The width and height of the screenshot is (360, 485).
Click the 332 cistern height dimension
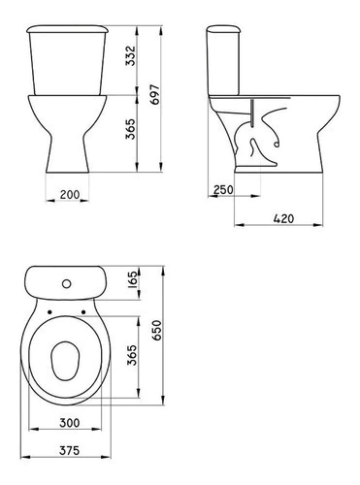[x=130, y=55]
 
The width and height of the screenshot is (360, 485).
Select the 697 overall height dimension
[x=155, y=94]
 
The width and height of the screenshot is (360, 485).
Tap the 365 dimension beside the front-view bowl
[x=130, y=129]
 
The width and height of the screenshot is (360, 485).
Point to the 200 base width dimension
[x=70, y=195]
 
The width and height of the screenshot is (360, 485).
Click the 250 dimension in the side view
[x=223, y=189]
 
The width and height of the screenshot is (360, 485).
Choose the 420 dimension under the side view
[x=283, y=218]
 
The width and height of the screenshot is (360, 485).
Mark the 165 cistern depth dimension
[x=133, y=279]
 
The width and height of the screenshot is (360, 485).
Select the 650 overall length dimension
[x=156, y=330]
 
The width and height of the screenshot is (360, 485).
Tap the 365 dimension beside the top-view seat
[x=132, y=355]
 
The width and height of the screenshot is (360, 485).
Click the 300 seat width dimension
[x=70, y=423]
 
